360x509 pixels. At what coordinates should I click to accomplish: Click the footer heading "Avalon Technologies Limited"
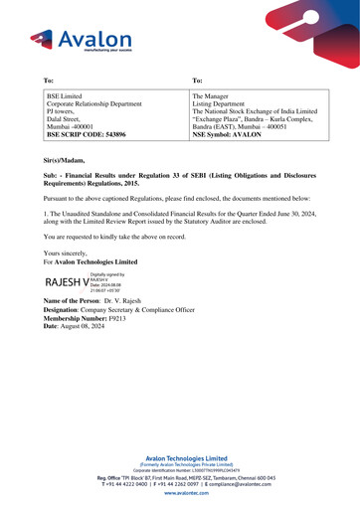coord(179,459)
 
